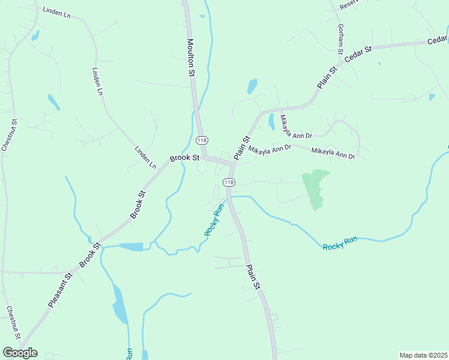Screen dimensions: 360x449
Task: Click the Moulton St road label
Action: click(x=191, y=58)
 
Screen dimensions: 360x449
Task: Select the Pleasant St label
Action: click(x=60, y=290)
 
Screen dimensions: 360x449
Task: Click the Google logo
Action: click(x=20, y=353)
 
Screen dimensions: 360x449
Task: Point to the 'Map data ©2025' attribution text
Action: click(x=423, y=355)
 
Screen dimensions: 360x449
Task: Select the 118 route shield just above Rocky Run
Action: click(x=229, y=182)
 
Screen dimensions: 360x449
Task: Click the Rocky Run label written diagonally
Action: click(x=214, y=220)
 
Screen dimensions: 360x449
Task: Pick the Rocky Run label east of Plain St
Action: click(x=340, y=243)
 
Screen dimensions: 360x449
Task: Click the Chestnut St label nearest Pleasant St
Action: click(x=14, y=323)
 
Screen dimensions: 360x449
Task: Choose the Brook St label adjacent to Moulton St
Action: click(x=184, y=158)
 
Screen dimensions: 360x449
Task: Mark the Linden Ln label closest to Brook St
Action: click(x=145, y=157)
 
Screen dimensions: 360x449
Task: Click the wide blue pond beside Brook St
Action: click(x=131, y=247)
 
